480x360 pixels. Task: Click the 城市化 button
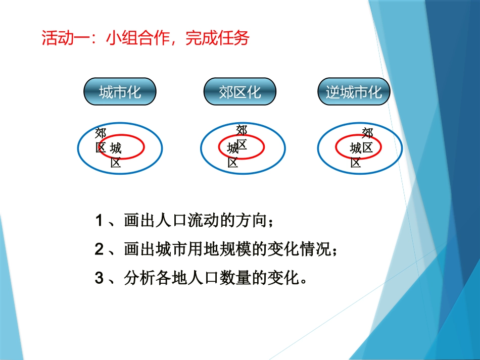120,91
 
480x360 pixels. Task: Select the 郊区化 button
239,91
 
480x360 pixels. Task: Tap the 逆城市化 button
354,91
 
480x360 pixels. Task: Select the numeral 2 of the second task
99,249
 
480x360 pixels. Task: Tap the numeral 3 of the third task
99,278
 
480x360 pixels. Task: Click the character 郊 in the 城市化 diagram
101,134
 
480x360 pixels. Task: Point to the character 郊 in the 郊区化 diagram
242,130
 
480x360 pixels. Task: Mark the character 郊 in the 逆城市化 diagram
367,133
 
